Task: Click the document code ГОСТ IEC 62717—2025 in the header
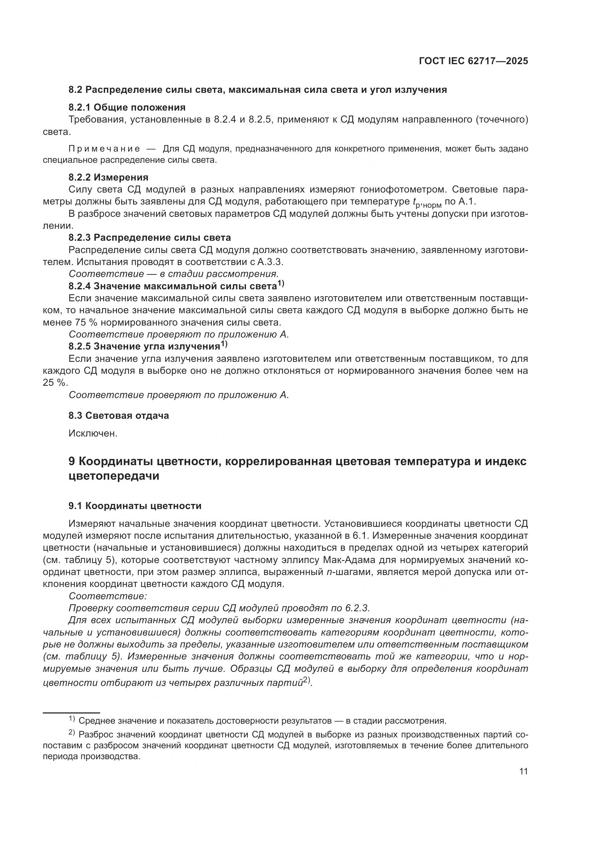click(x=473, y=61)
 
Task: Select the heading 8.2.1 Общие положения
click(x=127, y=107)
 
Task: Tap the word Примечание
click(x=104, y=149)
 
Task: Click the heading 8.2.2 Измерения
click(x=108, y=177)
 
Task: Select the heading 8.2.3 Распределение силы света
click(x=149, y=237)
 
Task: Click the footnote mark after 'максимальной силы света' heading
click(x=281, y=284)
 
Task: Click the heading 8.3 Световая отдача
click(x=119, y=415)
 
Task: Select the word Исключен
click(x=93, y=434)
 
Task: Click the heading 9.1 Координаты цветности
click(x=135, y=506)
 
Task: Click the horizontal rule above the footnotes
click(x=71, y=713)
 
